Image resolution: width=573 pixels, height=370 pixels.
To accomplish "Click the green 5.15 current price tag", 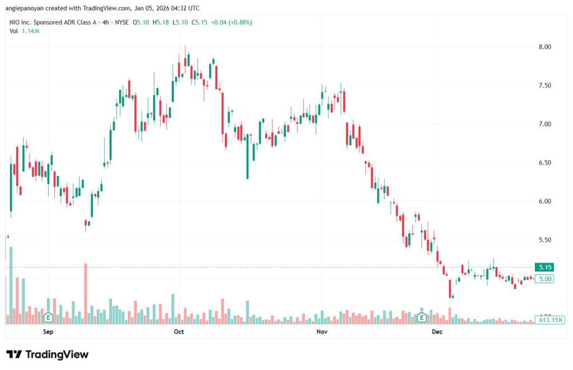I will pos(544,268).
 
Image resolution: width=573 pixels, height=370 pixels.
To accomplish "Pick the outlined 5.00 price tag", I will pos(544,279).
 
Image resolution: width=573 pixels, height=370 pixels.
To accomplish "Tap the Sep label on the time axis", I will pos(48,332).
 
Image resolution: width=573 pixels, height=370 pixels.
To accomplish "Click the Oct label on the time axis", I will pos(179,332).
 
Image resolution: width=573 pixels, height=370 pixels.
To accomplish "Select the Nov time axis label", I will pos(322,332).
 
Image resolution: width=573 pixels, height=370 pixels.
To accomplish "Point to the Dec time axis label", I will pos(438,332).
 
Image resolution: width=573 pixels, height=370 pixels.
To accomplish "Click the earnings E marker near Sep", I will pos(49,318).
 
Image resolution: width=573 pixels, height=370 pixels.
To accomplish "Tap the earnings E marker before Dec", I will pos(422,318).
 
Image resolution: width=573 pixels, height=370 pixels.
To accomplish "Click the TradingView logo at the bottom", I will pos(48,354).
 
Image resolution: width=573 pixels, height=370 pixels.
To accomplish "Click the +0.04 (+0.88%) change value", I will pos(231,22).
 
